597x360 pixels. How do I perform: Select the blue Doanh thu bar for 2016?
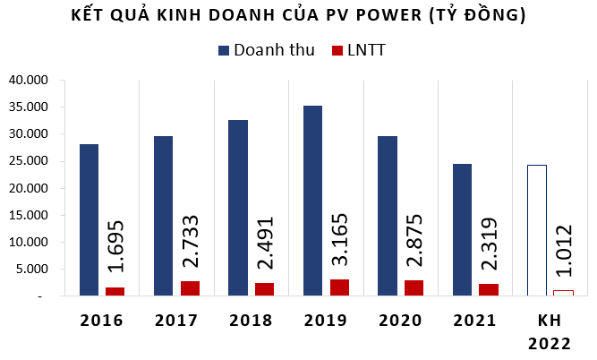pos(89,219)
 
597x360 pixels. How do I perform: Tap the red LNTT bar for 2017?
pos(189,288)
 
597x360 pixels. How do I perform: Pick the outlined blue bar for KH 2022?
pos(536,230)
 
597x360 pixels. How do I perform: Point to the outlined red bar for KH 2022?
pos(562,293)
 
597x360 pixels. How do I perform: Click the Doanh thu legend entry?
pos(265,50)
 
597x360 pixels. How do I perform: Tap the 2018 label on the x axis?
pos(251,320)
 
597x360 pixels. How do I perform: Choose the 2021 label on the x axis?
pos(474,320)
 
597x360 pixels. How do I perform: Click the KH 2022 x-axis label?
pos(549,330)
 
